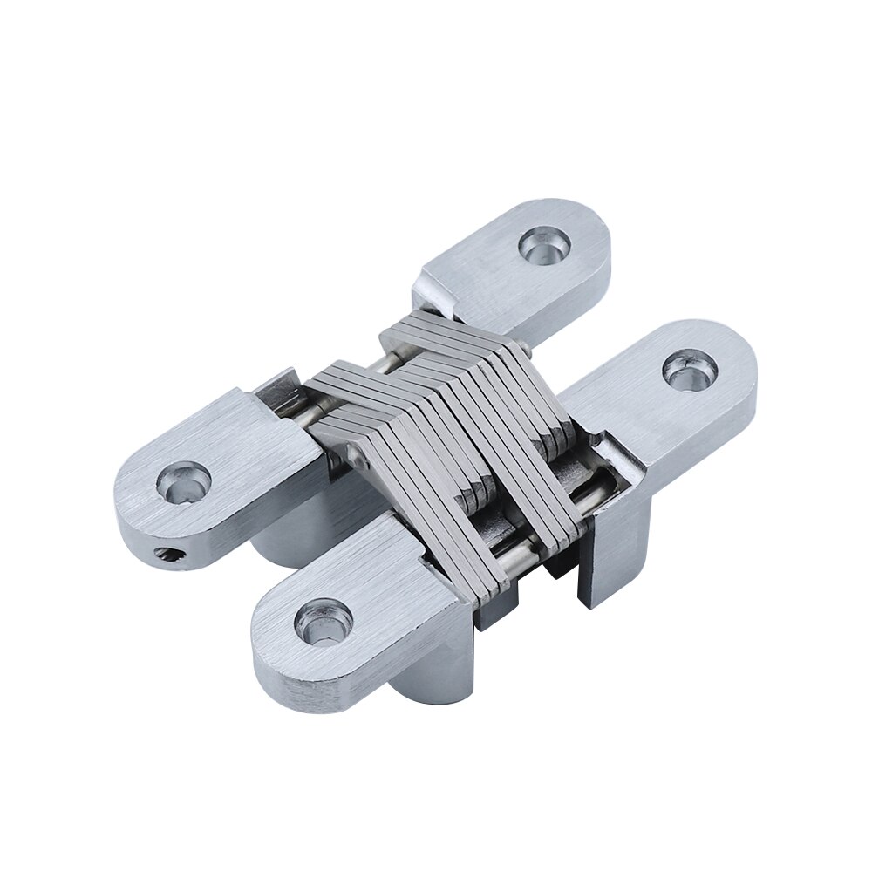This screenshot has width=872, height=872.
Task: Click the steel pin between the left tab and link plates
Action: [x=307, y=410]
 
